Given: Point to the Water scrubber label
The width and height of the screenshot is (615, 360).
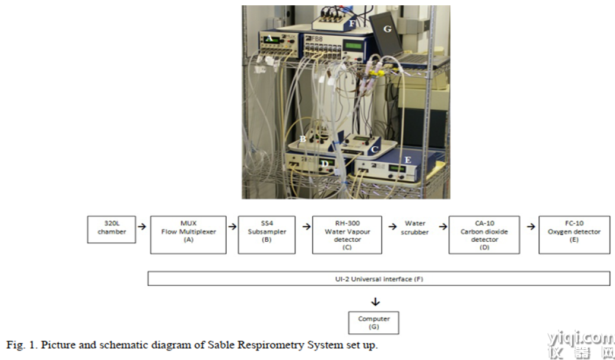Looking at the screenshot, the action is pos(415,228).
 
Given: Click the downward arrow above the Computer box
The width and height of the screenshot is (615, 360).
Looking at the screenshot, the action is pos(375,302).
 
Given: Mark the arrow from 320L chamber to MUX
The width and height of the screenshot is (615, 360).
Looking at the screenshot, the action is pos(142,226).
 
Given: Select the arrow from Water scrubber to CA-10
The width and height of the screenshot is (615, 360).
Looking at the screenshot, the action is pos(443,226).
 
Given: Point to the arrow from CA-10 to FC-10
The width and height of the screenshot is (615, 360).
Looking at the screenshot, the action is pos(531,226).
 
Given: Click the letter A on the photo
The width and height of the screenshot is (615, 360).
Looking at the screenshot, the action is pos(269,39).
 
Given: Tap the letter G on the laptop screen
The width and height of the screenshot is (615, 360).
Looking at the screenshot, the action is pos(387,29).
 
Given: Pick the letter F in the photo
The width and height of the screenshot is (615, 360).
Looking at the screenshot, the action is pos(352,24).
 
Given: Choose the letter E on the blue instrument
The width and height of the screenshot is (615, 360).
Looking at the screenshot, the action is pos(408,160).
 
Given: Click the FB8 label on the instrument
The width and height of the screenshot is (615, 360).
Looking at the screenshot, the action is pos(315,39).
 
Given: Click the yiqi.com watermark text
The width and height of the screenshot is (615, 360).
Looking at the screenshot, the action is pos(581,337).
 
